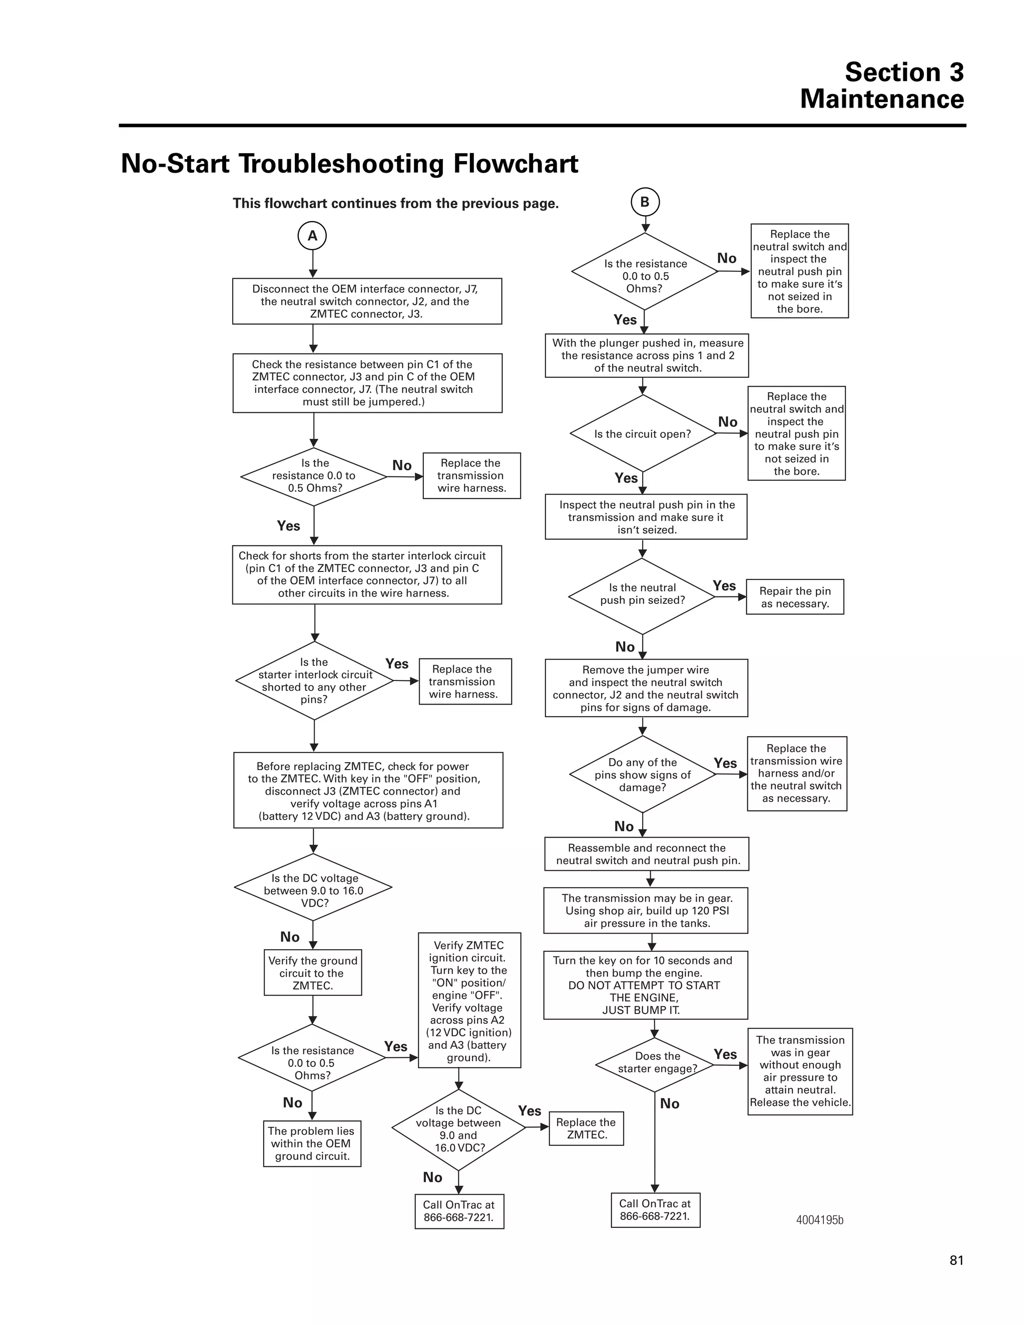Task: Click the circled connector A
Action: (x=312, y=236)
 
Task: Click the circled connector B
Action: (x=645, y=202)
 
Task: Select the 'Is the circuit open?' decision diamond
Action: (x=643, y=433)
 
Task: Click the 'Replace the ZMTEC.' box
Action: (x=586, y=1128)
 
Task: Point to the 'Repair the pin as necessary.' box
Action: (x=795, y=597)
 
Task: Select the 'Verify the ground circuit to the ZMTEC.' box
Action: (x=313, y=973)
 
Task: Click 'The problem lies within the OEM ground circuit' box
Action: (x=312, y=1143)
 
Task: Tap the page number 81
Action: (x=956, y=1260)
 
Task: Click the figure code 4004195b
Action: (x=820, y=1220)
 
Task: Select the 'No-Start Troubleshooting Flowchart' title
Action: (x=349, y=164)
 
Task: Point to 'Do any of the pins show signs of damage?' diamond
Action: (x=643, y=774)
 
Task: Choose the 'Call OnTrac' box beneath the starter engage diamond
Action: (x=655, y=1210)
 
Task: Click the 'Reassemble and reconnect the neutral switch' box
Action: (x=647, y=854)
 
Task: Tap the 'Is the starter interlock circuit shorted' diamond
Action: (x=314, y=681)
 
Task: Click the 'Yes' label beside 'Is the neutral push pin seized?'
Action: (x=724, y=586)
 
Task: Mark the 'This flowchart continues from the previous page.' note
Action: (x=395, y=203)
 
